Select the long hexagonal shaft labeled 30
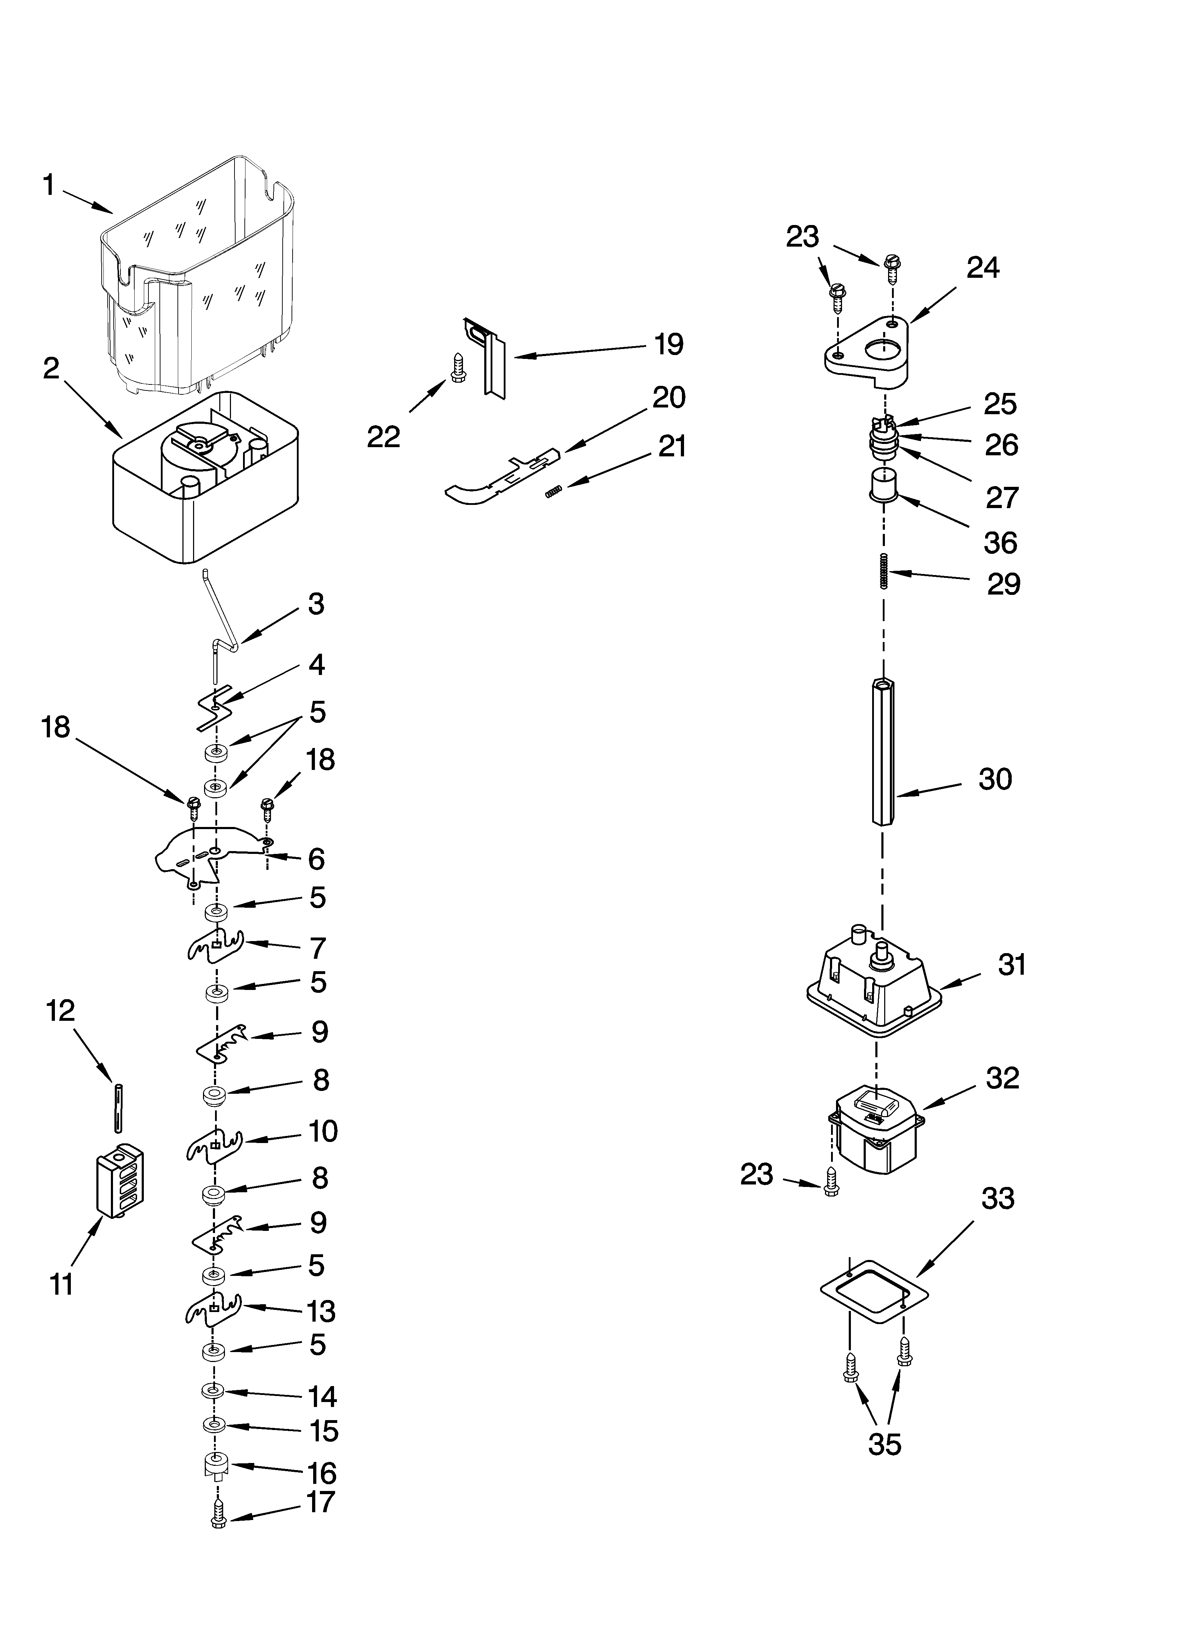(883, 751)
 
